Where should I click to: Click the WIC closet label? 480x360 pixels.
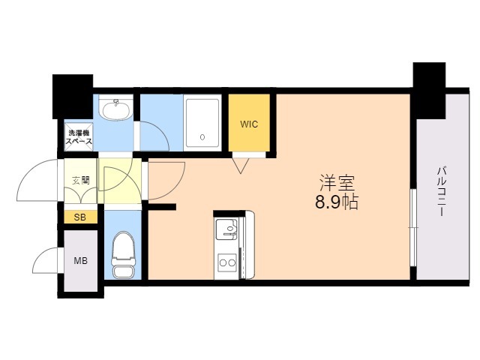click(249, 124)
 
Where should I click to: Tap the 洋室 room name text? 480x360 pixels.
click(337, 183)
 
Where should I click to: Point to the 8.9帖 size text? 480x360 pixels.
click(337, 202)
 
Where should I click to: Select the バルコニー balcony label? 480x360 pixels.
click(442, 191)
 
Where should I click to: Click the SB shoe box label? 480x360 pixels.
click(80, 217)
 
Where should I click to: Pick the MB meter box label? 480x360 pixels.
click(80, 261)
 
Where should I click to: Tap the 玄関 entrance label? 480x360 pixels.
click(81, 180)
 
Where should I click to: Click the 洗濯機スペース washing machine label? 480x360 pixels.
click(79, 137)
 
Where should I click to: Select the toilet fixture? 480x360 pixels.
click(123, 255)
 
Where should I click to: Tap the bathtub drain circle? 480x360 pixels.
click(202, 137)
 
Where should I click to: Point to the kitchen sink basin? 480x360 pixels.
click(226, 229)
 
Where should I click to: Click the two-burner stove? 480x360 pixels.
click(226, 262)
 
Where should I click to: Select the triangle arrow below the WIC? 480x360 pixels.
click(241, 166)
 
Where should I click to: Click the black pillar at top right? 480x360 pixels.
click(429, 91)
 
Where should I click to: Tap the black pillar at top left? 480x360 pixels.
click(73, 97)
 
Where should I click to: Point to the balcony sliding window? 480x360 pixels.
click(413, 227)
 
